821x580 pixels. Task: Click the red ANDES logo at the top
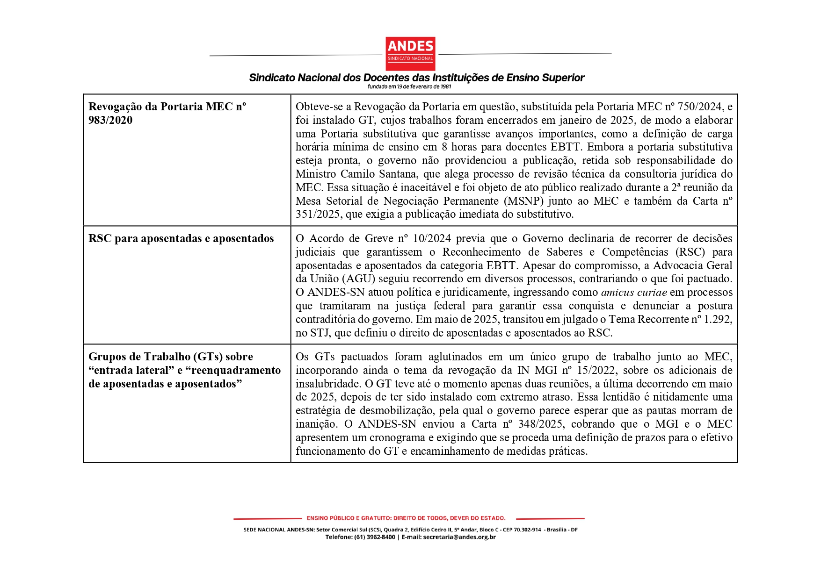click(x=410, y=53)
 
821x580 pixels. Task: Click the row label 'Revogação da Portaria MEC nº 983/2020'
click(x=167, y=113)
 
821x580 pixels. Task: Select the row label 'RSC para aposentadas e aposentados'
click(x=181, y=238)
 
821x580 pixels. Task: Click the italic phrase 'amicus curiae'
click(x=634, y=293)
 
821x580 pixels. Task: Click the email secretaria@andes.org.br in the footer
click(x=459, y=537)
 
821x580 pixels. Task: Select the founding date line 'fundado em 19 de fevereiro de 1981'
click(x=409, y=86)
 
